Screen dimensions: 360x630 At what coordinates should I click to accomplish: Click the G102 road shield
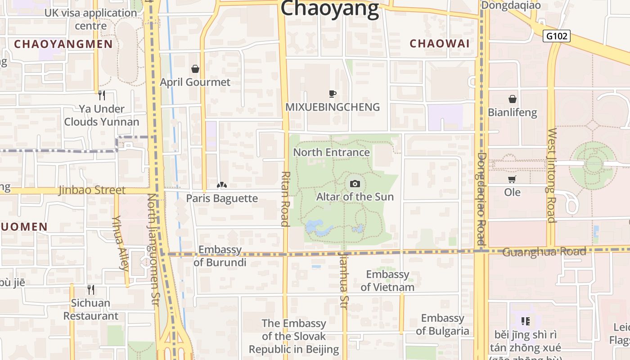coord(556,36)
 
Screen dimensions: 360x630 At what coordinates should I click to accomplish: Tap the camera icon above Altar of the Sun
coord(355,184)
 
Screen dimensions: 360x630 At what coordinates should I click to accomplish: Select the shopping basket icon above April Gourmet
coord(195,69)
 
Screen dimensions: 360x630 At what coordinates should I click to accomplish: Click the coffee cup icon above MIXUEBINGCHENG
coord(333,94)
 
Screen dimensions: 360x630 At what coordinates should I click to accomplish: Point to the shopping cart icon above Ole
coord(512,180)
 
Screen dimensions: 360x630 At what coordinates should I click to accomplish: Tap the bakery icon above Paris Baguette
coord(222,185)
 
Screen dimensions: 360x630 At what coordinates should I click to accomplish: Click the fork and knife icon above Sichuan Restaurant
coord(91,289)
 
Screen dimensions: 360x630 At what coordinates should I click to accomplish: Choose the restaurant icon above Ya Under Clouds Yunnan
coord(102,95)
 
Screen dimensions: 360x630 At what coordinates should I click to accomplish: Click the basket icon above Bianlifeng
coord(512,99)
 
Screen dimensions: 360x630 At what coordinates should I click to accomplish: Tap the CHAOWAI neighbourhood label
coord(440,44)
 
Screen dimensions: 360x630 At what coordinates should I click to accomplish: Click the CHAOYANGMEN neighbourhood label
coord(63,44)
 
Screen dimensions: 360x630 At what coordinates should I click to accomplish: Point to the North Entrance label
coord(331,152)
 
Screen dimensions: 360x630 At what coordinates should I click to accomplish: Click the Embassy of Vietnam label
coord(387,281)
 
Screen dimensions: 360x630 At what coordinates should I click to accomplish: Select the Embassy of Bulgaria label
coord(442,324)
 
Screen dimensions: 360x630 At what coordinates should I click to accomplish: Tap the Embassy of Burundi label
coord(220,256)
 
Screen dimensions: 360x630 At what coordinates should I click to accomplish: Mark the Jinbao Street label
coord(92,190)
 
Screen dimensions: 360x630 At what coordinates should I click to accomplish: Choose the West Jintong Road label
coord(552,175)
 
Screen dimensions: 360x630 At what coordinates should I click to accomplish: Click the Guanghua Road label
coord(544,252)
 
